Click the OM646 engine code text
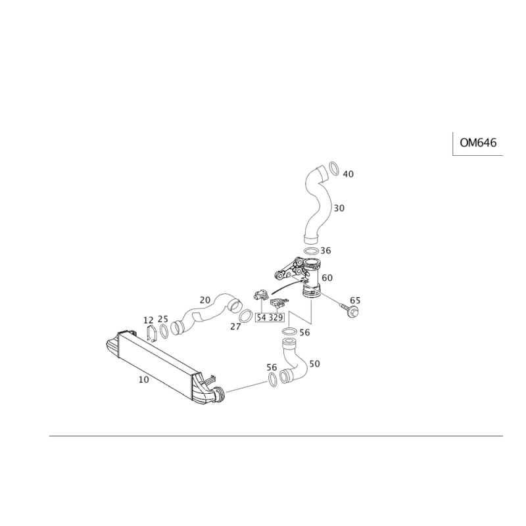point(478,142)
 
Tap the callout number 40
point(348,174)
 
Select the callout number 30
point(339,208)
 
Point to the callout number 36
point(326,250)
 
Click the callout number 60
point(327,279)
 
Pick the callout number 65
point(355,300)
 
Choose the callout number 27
point(235,325)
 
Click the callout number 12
point(149,320)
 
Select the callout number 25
point(163,319)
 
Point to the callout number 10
point(143,379)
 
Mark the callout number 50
point(314,363)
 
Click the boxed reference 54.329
point(270,318)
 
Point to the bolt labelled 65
point(348,307)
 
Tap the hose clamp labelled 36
point(311,249)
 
